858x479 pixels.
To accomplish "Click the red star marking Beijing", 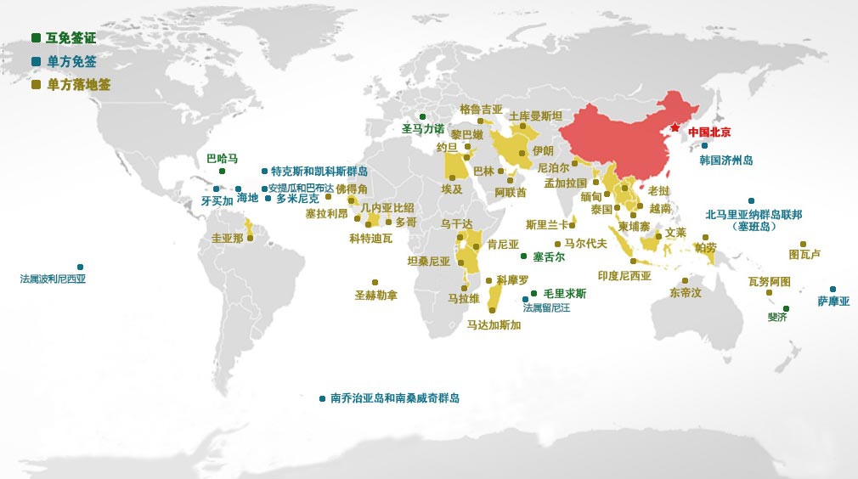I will coord(674,127).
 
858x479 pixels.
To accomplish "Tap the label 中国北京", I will coord(709,132).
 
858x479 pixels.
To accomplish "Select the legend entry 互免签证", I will coord(71,38).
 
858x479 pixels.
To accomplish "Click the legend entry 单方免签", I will coord(71,61).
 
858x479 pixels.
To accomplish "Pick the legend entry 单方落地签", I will coord(78,85).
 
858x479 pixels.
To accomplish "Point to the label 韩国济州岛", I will coord(725,160).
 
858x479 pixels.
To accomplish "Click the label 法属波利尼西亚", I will coord(53,279).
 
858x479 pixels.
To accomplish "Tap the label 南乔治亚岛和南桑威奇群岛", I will coord(394,398).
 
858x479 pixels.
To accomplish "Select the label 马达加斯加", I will coord(494,324).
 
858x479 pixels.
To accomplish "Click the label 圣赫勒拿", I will coord(375,296).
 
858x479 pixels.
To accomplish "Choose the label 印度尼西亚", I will coord(624,276).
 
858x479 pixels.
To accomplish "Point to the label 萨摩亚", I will coord(833,301).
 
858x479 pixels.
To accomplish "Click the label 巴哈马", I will coord(223,159).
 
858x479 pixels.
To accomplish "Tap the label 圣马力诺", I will coord(423,129).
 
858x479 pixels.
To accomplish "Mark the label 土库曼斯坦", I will coord(535,116).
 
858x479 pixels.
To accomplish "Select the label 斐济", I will coord(776,317).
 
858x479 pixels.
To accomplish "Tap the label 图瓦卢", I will coord(804,254).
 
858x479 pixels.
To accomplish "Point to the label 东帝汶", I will coord(685,293).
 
